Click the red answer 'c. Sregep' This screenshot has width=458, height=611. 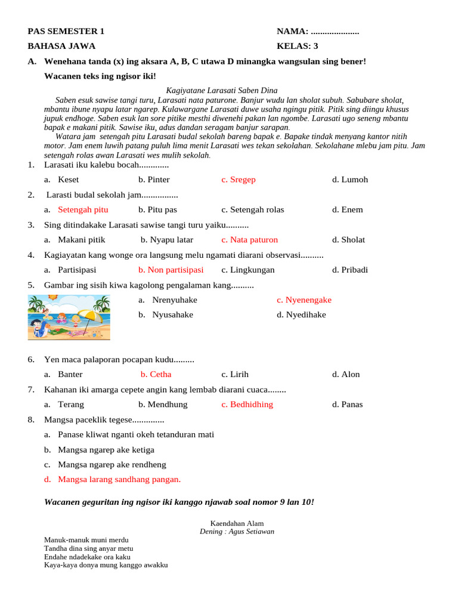click(238, 180)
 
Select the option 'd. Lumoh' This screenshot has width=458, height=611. click(349, 180)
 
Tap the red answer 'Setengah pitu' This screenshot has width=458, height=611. click(83, 209)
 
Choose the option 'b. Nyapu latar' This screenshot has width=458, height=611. click(167, 240)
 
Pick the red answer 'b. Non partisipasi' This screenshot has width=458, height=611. click(171, 270)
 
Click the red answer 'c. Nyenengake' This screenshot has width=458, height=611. click(304, 300)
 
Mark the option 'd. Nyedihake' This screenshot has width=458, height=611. click(301, 314)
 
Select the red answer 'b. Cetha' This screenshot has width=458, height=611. click(156, 374)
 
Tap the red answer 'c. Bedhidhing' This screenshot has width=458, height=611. click(247, 405)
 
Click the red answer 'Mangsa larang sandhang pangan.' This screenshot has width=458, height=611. click(119, 479)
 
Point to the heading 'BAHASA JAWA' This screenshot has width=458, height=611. click(61, 46)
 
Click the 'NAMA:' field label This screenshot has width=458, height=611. click(292, 32)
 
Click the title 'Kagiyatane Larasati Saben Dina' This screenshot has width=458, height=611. click(221, 91)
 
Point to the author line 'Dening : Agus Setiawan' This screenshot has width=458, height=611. click(237, 531)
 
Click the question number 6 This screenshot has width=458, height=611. click(31, 360)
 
